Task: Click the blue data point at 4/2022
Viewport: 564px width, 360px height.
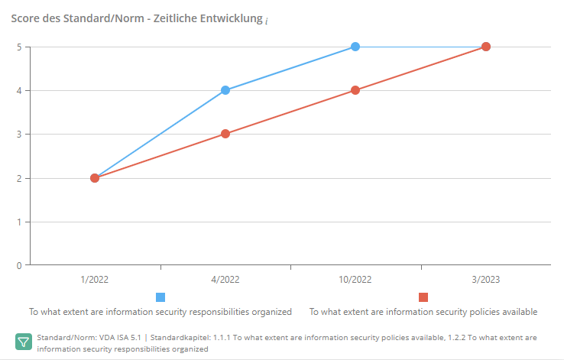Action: tap(225, 90)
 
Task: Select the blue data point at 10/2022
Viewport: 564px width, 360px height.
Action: tap(355, 47)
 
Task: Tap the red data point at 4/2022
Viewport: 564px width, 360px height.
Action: tap(225, 134)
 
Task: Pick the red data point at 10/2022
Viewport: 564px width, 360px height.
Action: tap(355, 90)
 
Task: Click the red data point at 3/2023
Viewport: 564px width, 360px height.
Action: tap(485, 47)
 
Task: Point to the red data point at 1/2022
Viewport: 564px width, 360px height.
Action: tap(95, 178)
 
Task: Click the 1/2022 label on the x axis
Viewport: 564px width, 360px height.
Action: tap(95, 280)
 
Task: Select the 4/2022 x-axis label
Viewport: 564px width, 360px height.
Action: tap(225, 280)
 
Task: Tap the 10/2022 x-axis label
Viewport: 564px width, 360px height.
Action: tap(355, 280)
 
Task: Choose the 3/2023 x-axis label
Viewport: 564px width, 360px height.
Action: tap(485, 280)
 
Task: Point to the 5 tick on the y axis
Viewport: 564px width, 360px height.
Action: tap(18, 47)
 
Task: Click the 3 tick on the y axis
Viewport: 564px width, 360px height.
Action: tap(18, 135)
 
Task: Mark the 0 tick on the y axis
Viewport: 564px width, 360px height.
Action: tap(18, 266)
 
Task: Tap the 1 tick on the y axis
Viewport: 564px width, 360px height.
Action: tap(18, 222)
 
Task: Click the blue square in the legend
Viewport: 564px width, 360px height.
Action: tap(160, 297)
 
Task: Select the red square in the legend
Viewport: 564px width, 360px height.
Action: tap(423, 297)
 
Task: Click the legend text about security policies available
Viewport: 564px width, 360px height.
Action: tap(423, 312)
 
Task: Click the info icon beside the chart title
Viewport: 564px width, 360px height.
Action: tap(267, 20)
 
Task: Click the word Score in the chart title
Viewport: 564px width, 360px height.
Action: tap(24, 18)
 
